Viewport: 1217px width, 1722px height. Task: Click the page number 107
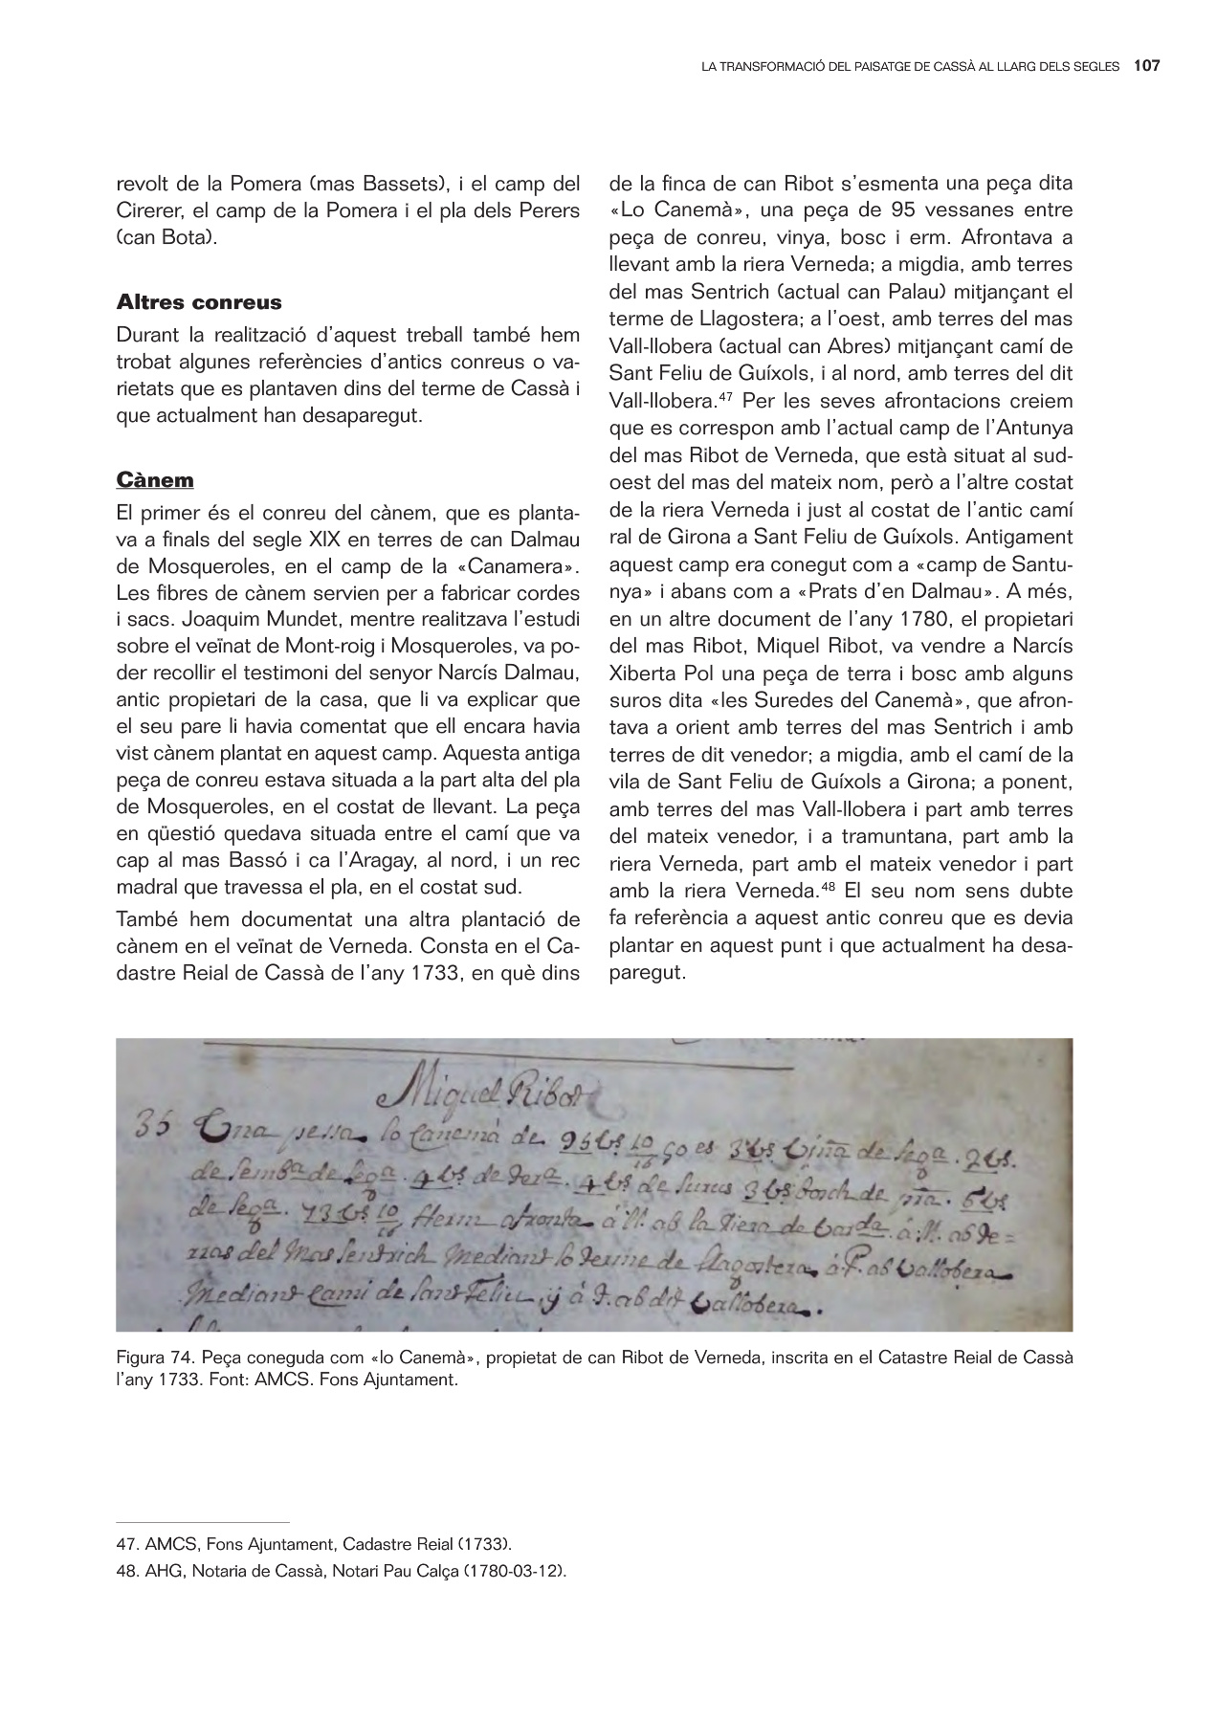pyautogui.click(x=1146, y=66)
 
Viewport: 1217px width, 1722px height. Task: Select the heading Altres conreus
pyautogui.click(x=199, y=302)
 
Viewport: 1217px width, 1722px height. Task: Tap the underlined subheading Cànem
pyautogui.click(x=155, y=478)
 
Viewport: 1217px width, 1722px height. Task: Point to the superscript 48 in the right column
pyautogui.click(x=828, y=886)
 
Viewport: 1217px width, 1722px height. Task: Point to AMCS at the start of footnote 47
pyautogui.click(x=166, y=1544)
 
